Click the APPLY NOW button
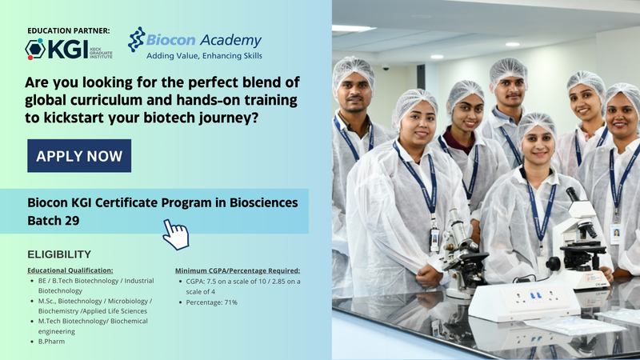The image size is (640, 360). click(79, 155)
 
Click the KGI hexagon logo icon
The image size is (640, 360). click(35, 49)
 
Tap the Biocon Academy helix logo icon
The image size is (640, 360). click(136, 39)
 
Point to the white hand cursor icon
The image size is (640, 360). click(176, 234)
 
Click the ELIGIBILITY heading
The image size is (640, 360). click(59, 254)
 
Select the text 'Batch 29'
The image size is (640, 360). click(54, 221)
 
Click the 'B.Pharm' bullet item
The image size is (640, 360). click(51, 342)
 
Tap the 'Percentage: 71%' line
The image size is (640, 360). click(211, 302)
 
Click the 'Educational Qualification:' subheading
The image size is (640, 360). click(70, 270)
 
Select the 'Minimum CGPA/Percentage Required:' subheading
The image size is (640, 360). click(238, 270)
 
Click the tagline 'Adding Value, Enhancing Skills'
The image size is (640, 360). click(204, 56)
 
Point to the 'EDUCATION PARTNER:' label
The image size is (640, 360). click(69, 30)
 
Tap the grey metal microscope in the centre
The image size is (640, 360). click(462, 253)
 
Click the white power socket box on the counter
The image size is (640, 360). click(525, 301)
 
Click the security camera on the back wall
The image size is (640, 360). click(386, 66)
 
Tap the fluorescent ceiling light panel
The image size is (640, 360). click(354, 28)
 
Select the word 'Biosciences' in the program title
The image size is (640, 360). click(264, 202)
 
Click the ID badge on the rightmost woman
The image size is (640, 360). click(615, 234)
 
